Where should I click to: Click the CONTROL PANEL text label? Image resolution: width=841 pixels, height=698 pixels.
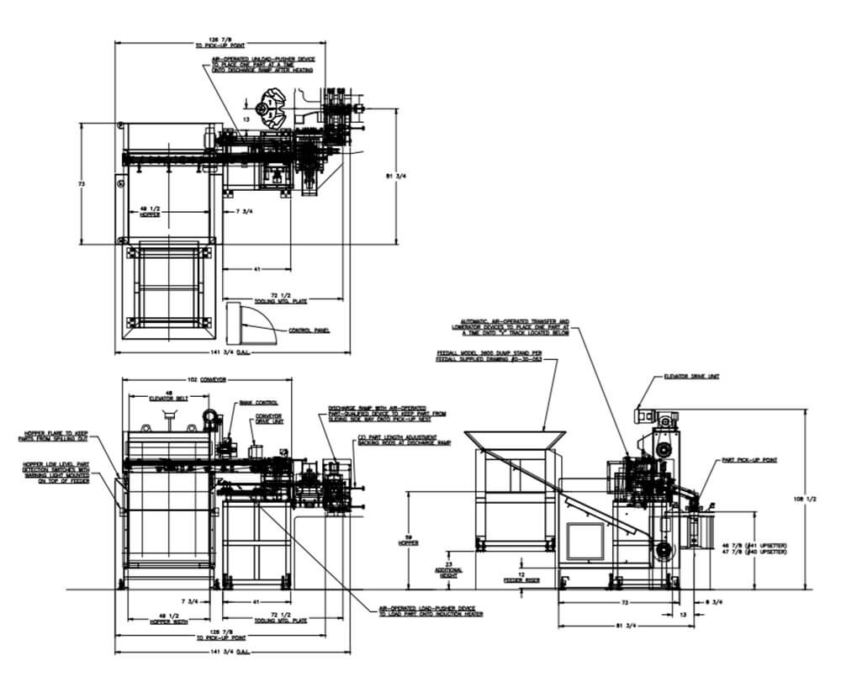click(x=308, y=330)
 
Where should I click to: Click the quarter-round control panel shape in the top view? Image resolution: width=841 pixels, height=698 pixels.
click(x=249, y=323)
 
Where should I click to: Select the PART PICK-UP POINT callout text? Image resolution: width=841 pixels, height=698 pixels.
click(x=741, y=461)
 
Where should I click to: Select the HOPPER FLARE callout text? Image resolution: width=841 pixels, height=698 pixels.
click(x=59, y=437)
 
